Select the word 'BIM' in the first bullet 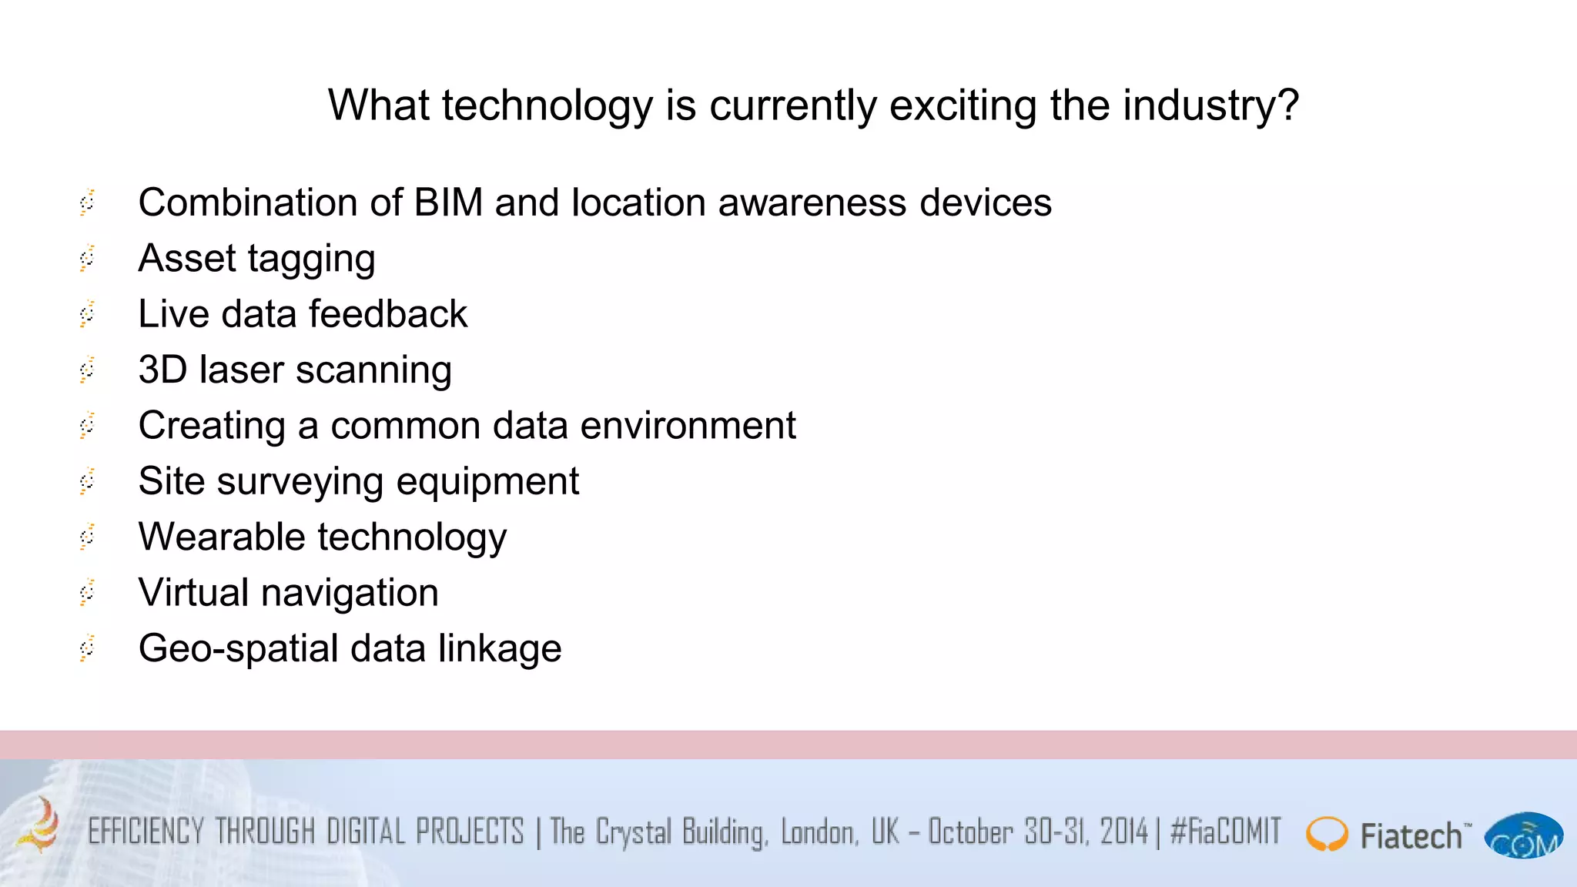[448, 203]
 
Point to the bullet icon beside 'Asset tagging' [88, 258]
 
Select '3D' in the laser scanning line [162, 370]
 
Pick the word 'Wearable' [222, 537]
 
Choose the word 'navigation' [350, 593]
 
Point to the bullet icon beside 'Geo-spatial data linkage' [88, 648]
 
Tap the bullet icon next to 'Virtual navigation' [88, 592]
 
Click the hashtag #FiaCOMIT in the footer [1225, 832]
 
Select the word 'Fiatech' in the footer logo [1411, 836]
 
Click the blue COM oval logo [1523, 836]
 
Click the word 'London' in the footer [819, 832]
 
